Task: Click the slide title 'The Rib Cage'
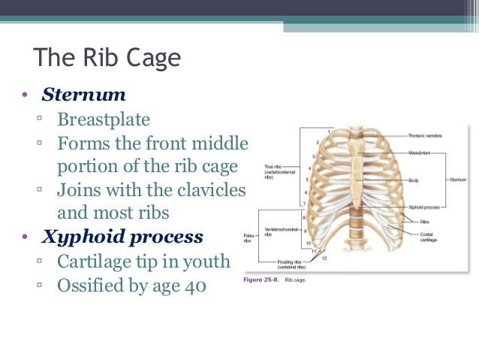tap(107, 59)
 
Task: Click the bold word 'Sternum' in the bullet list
tap(83, 96)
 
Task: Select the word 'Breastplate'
tap(104, 120)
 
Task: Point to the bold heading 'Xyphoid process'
tap(122, 237)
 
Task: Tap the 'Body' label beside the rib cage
tap(414, 180)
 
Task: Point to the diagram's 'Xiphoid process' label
tap(424, 205)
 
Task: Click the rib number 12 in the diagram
tap(324, 259)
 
